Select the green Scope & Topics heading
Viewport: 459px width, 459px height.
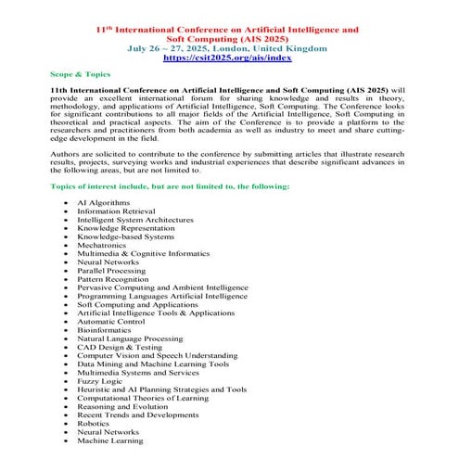click(80, 72)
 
